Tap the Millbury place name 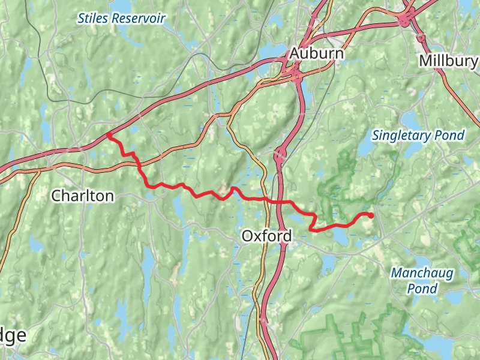click(448, 61)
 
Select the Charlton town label click(82, 196)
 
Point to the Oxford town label click(266, 236)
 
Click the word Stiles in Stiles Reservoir click(93, 19)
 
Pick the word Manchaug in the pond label click(422, 273)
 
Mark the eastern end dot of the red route click(371, 215)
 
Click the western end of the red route click(108, 135)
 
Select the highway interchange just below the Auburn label click(295, 74)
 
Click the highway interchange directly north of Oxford click(279, 156)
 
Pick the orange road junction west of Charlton click(40, 170)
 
